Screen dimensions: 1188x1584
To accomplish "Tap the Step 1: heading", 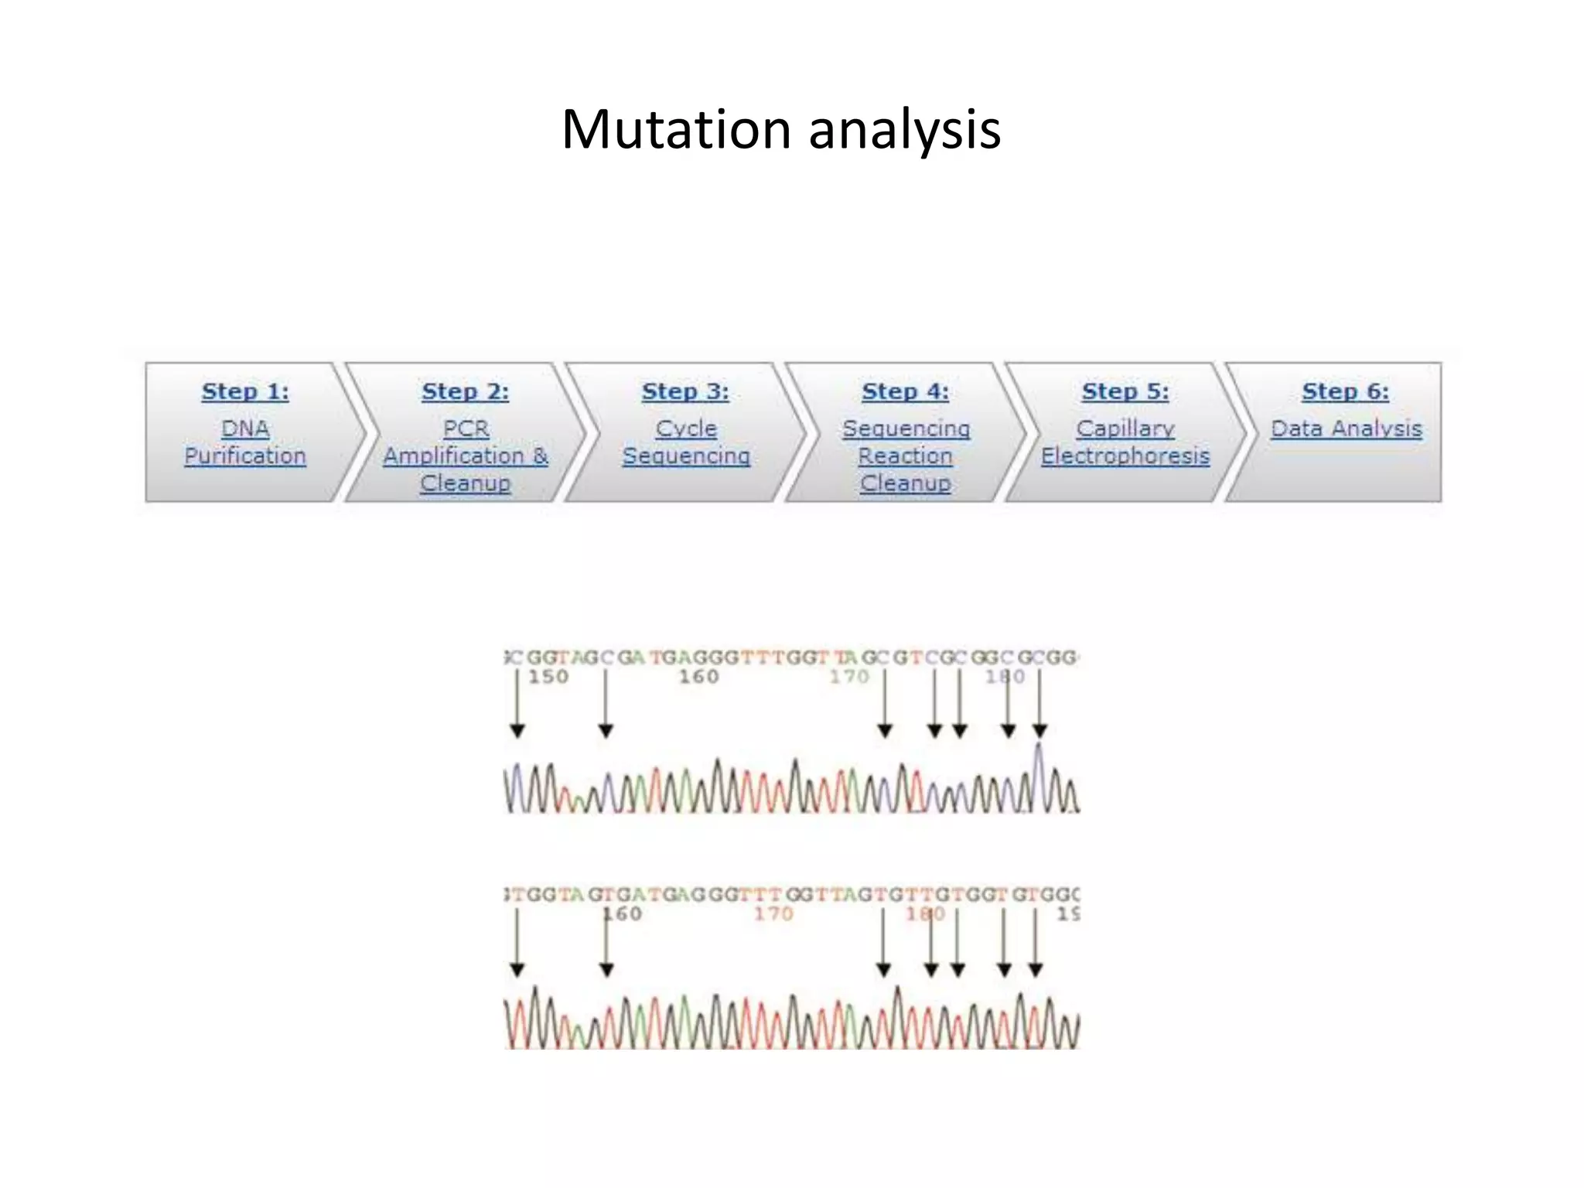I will tap(245, 391).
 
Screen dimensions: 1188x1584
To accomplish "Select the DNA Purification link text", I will tap(245, 442).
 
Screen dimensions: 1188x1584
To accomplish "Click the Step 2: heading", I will tap(465, 391).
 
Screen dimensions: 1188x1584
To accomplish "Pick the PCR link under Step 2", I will tap(466, 428).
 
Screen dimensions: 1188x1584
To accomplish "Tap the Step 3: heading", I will tap(685, 391).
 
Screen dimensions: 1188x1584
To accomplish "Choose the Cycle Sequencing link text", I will tap(686, 442).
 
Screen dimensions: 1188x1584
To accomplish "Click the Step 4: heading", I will tap(905, 391).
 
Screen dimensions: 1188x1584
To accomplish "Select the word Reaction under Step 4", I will tap(905, 456).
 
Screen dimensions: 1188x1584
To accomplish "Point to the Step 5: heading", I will tap(1125, 391).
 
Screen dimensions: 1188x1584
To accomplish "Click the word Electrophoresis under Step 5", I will tap(1125, 456).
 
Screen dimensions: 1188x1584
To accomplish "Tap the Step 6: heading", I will tap(1345, 391).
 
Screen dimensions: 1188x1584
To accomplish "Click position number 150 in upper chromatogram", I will tap(548, 677).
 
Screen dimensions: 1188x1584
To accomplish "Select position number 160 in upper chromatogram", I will tap(699, 677).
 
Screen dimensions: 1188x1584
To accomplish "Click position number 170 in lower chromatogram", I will tap(773, 914).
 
